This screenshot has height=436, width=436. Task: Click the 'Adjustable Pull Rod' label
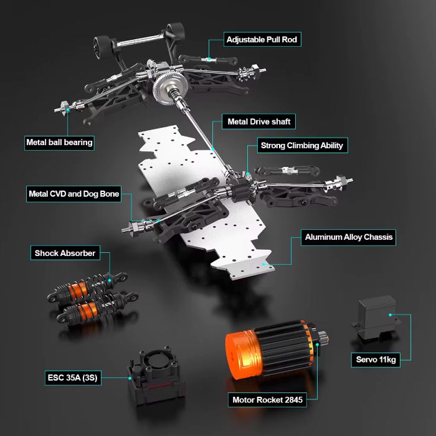coord(262,39)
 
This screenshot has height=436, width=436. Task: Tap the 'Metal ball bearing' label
coord(59,143)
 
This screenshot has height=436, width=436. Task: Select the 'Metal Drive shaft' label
coord(258,121)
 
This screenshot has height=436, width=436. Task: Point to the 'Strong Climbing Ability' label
coord(302,145)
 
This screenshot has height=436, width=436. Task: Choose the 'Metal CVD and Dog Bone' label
coord(73,194)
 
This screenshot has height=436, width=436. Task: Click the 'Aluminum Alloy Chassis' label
coord(348,237)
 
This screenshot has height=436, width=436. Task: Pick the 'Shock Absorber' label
coord(65,253)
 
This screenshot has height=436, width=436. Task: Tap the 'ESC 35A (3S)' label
coord(73,377)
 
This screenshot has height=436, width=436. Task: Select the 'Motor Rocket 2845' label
coord(267,400)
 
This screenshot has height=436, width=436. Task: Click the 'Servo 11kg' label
coord(376,360)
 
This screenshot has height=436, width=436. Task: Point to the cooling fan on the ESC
coord(156,361)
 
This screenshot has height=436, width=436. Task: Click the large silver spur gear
coord(170,87)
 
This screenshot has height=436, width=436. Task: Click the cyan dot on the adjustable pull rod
coord(209,59)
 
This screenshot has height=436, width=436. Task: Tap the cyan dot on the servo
coord(391,315)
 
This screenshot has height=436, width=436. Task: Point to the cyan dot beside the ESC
coord(130,378)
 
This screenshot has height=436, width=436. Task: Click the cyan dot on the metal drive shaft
coord(213,149)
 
